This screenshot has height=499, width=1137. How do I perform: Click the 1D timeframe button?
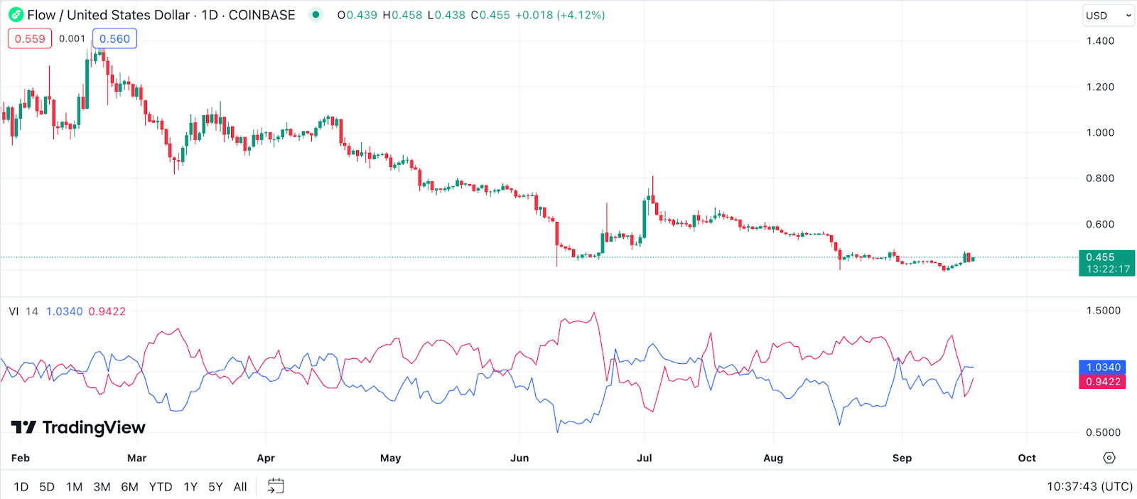coord(21,487)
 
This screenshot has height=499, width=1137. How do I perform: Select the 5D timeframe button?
coord(47,487)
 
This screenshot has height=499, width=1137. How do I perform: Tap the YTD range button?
coord(161,487)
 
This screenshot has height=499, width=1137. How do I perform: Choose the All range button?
coord(240,487)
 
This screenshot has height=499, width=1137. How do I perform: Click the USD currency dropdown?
coord(1107,16)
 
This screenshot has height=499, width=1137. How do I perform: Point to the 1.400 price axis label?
coord(1100,41)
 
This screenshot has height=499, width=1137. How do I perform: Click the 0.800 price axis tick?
coord(1100,178)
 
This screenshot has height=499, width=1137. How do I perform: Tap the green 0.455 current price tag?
coord(1106,263)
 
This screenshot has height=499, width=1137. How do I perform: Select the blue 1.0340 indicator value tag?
coord(1103,367)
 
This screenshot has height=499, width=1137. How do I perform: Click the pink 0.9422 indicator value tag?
coord(1103,382)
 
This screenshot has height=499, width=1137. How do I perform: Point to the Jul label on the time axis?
coord(645,458)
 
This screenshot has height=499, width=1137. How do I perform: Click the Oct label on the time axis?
coord(1027,458)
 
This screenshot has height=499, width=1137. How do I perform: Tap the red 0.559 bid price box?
coord(30,39)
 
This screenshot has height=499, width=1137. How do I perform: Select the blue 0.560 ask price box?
coord(114,39)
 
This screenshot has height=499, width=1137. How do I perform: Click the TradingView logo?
coord(78,427)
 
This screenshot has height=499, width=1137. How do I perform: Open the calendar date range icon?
coord(276,486)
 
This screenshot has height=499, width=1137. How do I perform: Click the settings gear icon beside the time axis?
coord(1109,458)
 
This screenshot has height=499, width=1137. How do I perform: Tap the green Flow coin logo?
coord(16,15)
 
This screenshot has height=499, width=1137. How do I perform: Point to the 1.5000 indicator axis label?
coord(1103,311)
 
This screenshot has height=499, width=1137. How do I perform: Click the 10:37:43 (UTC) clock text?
coord(1089,486)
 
